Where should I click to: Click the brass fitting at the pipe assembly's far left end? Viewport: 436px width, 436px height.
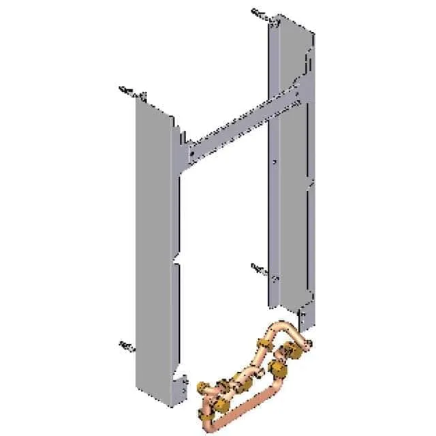coord(202,389)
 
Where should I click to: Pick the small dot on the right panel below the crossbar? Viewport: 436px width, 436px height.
coord(273,162)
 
